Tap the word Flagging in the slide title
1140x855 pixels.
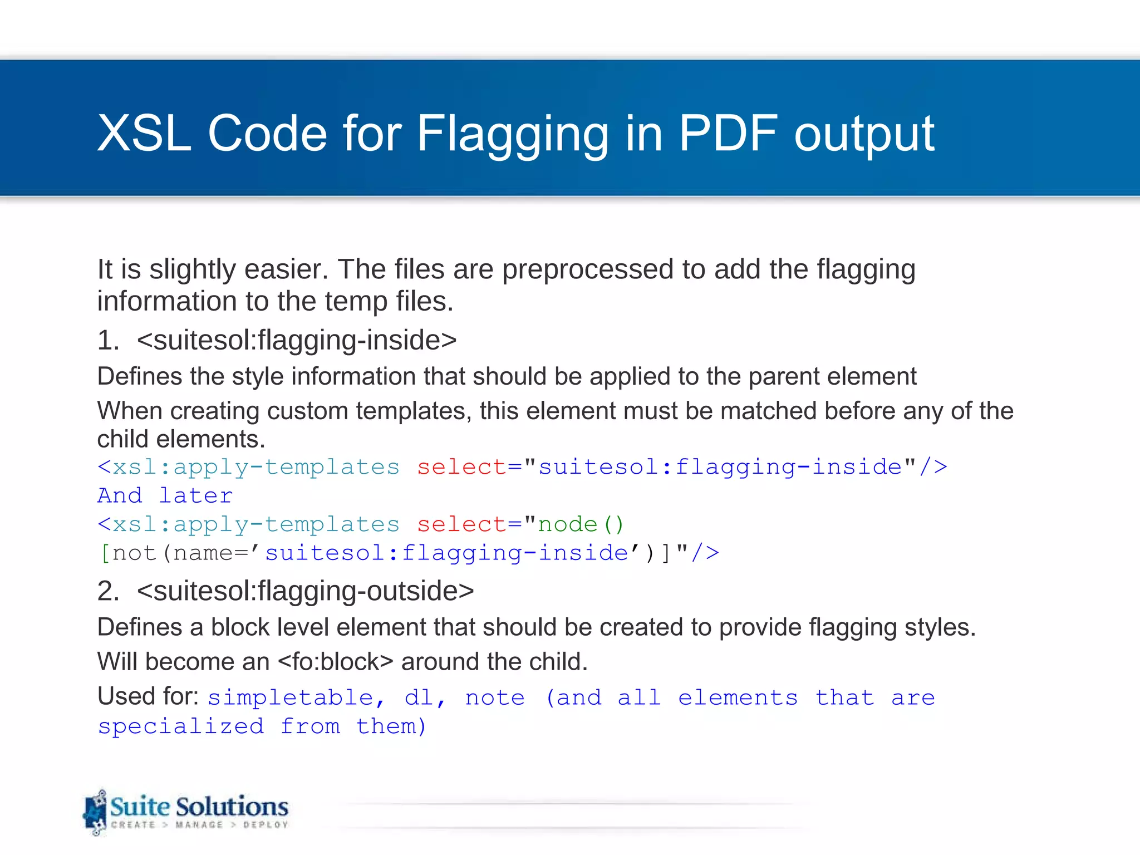click(513, 134)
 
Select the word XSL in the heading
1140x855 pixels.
click(144, 134)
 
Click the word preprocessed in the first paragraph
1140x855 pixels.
click(588, 269)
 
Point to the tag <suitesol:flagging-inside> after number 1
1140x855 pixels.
click(297, 340)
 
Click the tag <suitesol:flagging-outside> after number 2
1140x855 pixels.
click(306, 591)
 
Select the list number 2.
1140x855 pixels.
click(107, 591)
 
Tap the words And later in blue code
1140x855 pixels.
click(165, 495)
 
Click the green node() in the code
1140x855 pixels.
click(581, 524)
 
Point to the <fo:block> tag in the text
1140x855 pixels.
click(335, 662)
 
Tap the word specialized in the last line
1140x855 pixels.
click(181, 726)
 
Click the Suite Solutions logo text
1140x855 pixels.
click(199, 807)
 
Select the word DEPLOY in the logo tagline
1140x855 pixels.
click(266, 824)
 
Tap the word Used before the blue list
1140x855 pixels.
click(124, 696)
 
